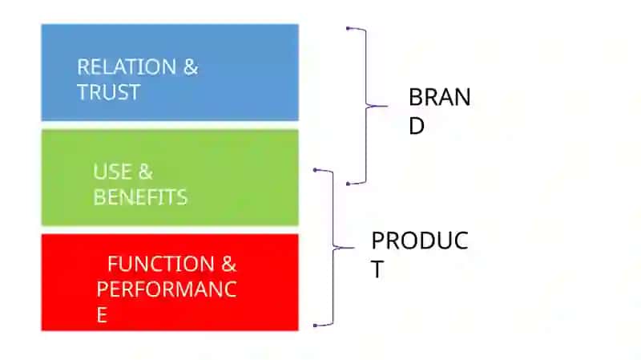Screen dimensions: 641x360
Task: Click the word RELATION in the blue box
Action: pyautogui.click(x=127, y=67)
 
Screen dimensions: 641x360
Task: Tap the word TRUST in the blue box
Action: pyautogui.click(x=109, y=92)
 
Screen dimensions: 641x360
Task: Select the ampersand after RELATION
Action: pyautogui.click(x=191, y=67)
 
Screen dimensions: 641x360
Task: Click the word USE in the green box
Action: pyautogui.click(x=112, y=172)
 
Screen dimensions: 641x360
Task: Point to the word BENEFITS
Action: pyautogui.click(x=140, y=197)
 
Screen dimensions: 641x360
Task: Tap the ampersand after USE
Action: pyautogui.click(x=146, y=172)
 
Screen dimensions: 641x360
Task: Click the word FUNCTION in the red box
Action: pyautogui.click(x=161, y=264)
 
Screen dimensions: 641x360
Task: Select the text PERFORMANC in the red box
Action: pyautogui.click(x=167, y=289)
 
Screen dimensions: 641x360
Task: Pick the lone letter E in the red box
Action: pyautogui.click(x=102, y=315)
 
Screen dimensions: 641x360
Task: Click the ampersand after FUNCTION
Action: pyautogui.click(x=229, y=264)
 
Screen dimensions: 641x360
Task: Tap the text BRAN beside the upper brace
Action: pyautogui.click(x=439, y=97)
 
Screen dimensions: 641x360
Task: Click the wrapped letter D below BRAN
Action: pyautogui.click(x=417, y=126)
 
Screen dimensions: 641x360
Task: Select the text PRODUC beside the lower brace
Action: pyautogui.click(x=420, y=241)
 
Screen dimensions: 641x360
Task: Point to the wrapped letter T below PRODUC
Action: pyautogui.click(x=377, y=269)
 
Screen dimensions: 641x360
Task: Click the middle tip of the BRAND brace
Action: pyautogui.click(x=387, y=107)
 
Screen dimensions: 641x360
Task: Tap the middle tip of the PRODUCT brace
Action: pyautogui.click(x=353, y=248)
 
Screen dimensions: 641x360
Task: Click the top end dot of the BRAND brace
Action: pyautogui.click(x=348, y=28)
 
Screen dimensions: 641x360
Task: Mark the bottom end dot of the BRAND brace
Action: pyautogui.click(x=348, y=184)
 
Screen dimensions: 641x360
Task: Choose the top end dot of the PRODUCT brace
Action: pyautogui.click(x=315, y=170)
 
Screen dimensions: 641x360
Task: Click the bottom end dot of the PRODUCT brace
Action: pyautogui.click(x=315, y=326)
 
